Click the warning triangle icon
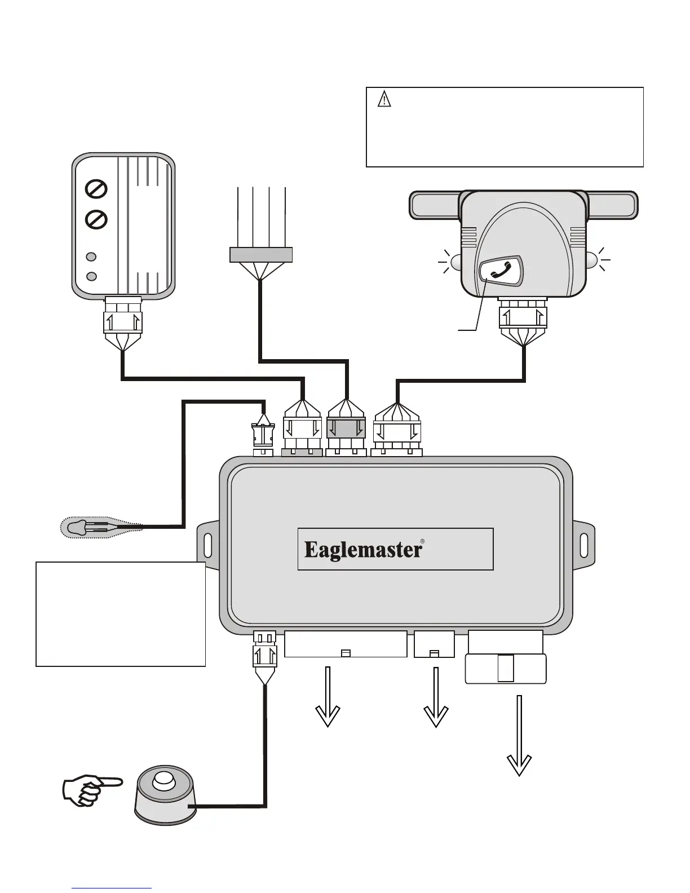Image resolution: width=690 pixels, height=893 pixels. click(384, 99)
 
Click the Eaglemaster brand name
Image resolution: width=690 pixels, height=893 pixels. click(363, 550)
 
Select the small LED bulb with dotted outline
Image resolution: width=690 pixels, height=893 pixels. click(101, 527)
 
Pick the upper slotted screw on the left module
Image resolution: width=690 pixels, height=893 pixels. click(96, 189)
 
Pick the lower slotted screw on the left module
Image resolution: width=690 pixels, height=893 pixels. click(96, 219)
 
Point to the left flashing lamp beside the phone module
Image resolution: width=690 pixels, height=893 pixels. click(455, 262)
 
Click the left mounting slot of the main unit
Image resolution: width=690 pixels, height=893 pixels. click(208, 545)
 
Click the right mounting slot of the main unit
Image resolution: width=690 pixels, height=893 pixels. click(584, 545)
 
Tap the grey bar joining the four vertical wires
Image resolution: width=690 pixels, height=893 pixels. click(260, 254)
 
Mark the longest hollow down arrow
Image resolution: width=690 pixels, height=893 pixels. click(519, 736)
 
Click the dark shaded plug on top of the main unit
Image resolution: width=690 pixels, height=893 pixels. click(346, 428)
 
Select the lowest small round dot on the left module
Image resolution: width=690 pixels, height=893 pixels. click(91, 276)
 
